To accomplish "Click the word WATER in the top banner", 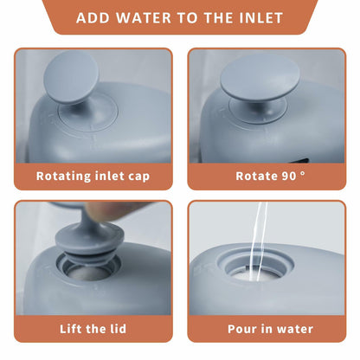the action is [144, 18].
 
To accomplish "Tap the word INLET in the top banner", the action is [261, 18].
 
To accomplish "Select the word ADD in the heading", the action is [93, 18].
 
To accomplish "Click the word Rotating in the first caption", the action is [63, 177].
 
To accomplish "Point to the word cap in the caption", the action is [138, 177].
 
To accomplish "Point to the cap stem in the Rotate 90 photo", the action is [258, 108].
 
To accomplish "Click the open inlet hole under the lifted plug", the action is [88, 270].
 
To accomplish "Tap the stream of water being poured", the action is [258, 240].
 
